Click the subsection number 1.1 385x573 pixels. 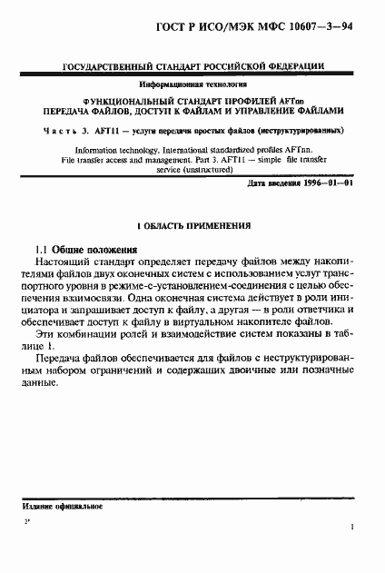pyautogui.click(x=41, y=273)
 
